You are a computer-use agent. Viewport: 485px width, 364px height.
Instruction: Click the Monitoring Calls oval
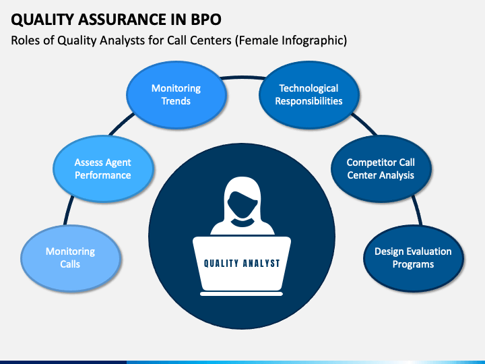coord(71,258)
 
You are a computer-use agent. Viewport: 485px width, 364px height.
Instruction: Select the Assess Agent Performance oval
coord(103,169)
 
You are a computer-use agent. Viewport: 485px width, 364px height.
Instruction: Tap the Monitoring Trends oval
coord(176,95)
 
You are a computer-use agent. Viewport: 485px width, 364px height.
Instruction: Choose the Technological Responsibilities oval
coord(309,95)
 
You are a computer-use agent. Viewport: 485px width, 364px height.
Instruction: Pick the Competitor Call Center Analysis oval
coord(381,169)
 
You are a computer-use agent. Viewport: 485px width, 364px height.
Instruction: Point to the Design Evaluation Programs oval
coord(414,258)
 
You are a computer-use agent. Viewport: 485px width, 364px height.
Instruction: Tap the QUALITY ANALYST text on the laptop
coord(242,264)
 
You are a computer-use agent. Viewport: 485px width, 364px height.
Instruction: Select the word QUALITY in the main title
coord(42,20)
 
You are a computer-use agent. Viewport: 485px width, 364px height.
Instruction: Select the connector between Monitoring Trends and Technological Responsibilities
coord(243,78)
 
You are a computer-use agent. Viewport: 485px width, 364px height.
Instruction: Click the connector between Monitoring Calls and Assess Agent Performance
coord(69,210)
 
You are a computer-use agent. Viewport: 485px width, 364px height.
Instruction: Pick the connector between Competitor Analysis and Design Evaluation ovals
coord(417,210)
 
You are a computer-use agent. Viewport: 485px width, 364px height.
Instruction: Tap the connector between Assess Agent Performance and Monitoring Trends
coord(121,125)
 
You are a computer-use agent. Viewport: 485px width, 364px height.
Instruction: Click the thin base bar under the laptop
coord(242,294)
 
